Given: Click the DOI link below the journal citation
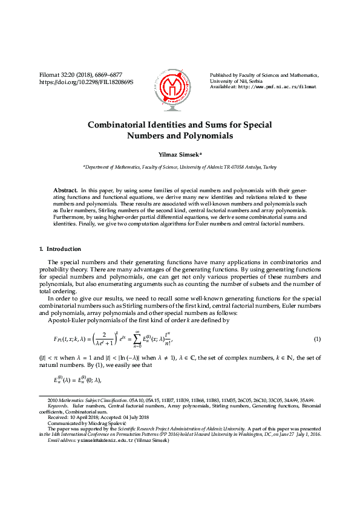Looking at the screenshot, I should [86, 81].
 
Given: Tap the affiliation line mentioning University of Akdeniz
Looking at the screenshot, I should [180, 166].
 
